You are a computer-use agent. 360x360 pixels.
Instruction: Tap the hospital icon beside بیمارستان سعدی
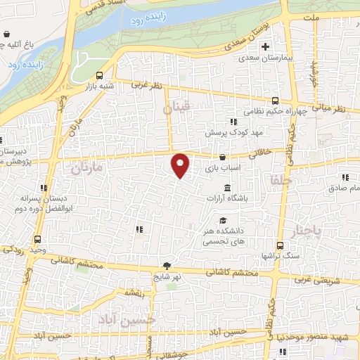[265, 48]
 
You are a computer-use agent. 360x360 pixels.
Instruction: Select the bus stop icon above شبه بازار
[99, 75]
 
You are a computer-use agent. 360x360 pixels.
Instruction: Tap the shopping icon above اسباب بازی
[223, 157]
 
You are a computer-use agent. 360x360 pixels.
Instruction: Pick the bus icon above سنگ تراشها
[280, 245]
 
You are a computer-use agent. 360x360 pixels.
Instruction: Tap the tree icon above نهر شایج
[167, 266]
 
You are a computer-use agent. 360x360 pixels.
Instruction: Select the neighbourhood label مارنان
[87, 169]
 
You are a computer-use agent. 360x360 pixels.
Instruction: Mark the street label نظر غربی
[146, 85]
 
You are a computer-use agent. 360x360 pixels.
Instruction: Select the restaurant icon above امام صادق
[345, 178]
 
